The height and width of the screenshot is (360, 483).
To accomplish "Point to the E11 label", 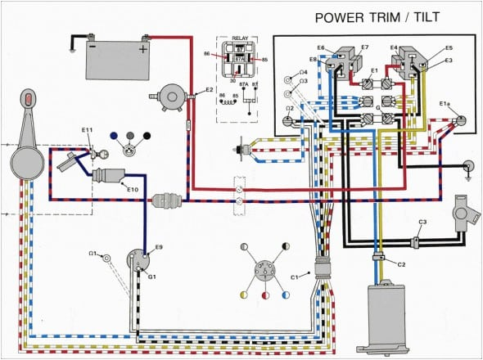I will coord(88,130).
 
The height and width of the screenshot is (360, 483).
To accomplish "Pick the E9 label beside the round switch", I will coord(159,246).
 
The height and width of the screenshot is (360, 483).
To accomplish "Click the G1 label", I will coord(151,277).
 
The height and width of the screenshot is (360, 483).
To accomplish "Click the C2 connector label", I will coord(401,263).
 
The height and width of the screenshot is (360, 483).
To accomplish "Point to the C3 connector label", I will coord(422,223).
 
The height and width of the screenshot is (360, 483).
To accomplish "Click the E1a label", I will coord(445,104).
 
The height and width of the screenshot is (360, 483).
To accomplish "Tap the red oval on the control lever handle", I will coord(28,101).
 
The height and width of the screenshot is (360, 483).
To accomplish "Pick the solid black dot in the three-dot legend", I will coord(147,135).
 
